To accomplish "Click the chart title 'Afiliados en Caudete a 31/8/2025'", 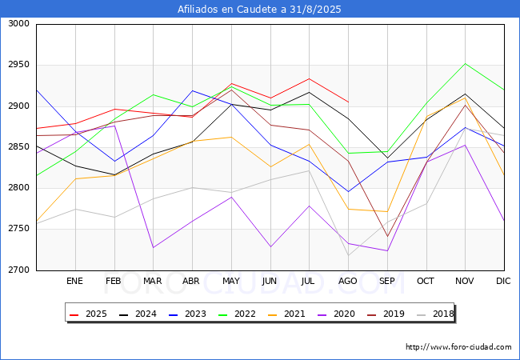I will click(260, 10).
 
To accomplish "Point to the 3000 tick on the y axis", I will click(18, 24).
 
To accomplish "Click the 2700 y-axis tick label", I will click(18, 270).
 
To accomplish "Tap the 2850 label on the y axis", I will click(18, 147).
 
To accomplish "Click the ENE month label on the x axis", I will click(74, 282).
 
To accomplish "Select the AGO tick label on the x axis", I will click(347, 282).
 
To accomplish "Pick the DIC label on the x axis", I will click(503, 282).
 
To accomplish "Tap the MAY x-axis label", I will click(230, 282).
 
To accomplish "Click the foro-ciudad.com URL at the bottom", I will click(458, 347).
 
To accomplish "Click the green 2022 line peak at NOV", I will click(465, 63).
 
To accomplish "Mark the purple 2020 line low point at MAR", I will click(153, 247).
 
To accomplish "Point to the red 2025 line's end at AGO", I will click(348, 102).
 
